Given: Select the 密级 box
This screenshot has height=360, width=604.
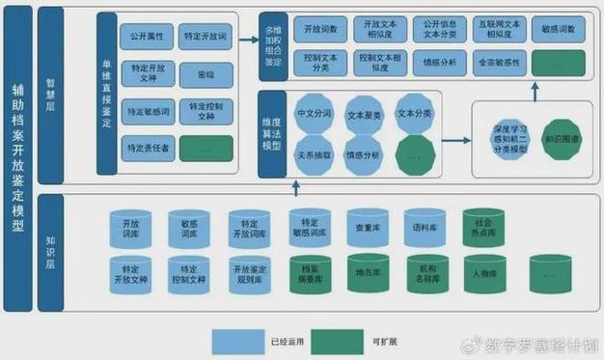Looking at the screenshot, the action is click(206, 74).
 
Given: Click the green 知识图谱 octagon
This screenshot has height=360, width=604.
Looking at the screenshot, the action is click(562, 139).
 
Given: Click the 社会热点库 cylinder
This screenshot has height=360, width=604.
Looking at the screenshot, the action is click(483, 230).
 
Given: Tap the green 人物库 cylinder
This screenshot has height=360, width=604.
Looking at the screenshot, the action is click(483, 273).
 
